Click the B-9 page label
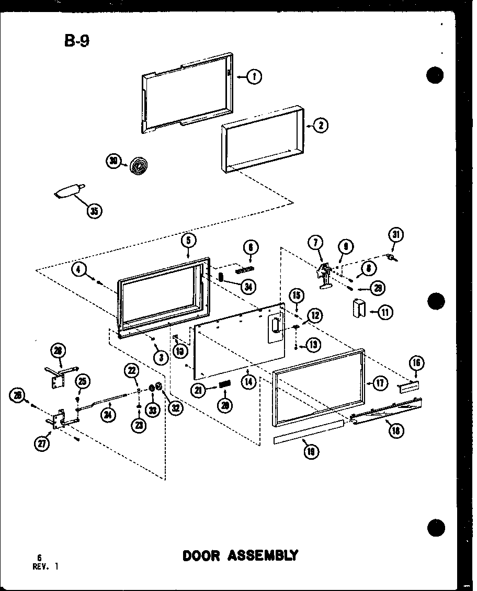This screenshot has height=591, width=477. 76,41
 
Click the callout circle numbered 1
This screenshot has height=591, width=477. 255,77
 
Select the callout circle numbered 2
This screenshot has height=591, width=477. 321,125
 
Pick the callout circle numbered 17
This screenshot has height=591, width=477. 380,383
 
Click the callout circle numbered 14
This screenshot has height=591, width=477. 248,381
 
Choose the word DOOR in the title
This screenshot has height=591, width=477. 201,555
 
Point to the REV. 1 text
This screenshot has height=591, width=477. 44,565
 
